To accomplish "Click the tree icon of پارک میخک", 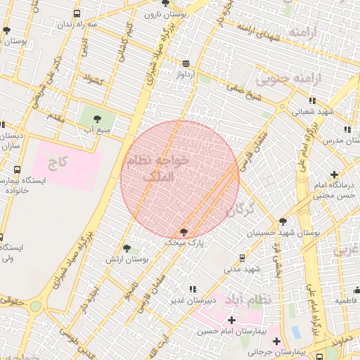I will (x=184, y=231).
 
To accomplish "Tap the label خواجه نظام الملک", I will (x=156, y=169).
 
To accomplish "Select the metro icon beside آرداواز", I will (x=185, y=63).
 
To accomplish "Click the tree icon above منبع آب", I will (x=96, y=117).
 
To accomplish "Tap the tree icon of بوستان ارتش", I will (x=127, y=248).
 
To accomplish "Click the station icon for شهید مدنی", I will (x=243, y=258).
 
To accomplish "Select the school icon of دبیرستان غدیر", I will (x=193, y=289).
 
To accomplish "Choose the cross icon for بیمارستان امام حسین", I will (x=231, y=320).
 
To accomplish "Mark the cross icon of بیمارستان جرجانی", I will (x=277, y=341).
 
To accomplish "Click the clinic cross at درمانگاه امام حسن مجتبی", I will (x=333, y=174).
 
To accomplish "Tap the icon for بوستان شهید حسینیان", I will (x=283, y=221).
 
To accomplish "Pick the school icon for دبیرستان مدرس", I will (x=347, y=129).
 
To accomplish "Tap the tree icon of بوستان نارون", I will (x=165, y=4).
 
